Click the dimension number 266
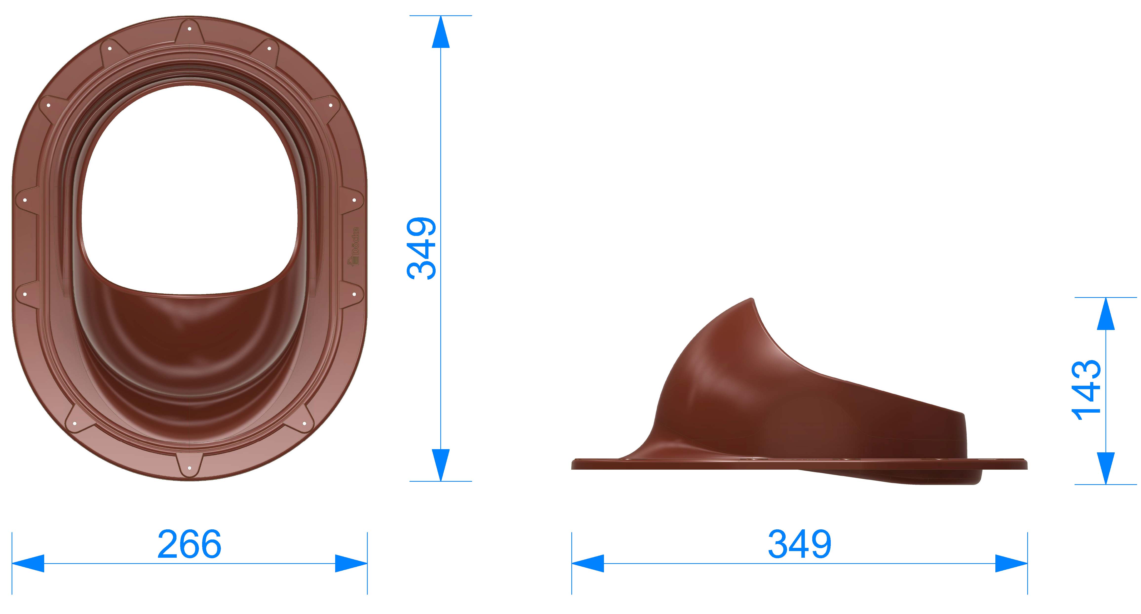point(190,544)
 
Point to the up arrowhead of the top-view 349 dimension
point(441,32)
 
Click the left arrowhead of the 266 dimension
point(28,563)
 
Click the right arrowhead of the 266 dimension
point(351,563)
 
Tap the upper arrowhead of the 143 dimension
point(1106,314)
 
